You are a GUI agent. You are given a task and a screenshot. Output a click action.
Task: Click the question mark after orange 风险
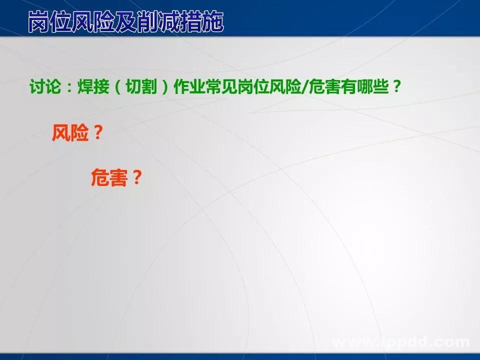97,133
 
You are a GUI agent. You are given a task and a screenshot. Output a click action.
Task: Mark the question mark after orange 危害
135,177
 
